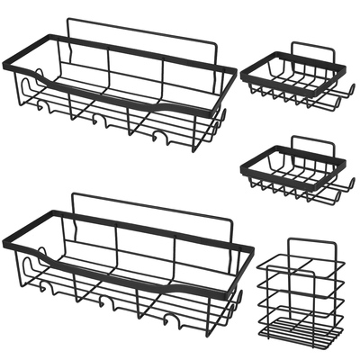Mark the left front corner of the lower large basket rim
pos(5,244)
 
